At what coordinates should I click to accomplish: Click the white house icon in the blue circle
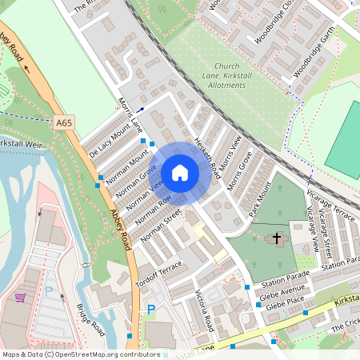point(180,172)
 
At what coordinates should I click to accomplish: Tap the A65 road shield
point(65,123)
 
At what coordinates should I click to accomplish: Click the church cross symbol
point(278,238)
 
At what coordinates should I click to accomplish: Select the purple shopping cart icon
point(19,298)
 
